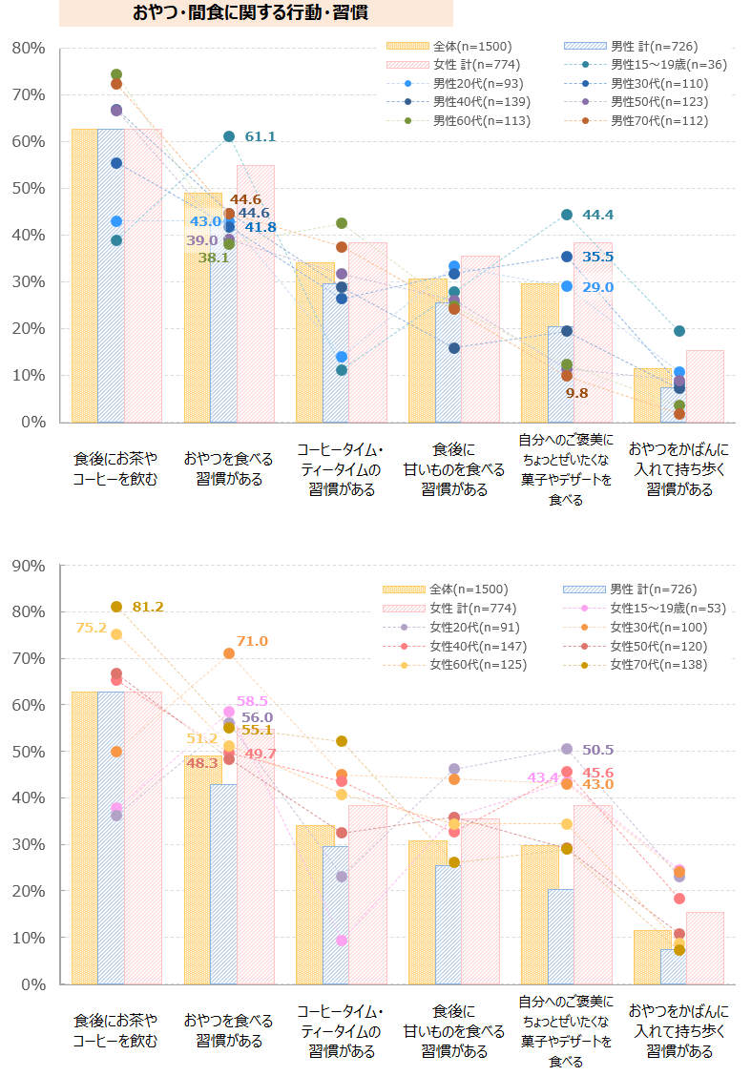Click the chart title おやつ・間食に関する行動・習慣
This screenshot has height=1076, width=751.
(x=252, y=13)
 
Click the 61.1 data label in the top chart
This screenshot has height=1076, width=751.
(x=260, y=136)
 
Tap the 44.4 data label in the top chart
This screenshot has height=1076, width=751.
(x=597, y=215)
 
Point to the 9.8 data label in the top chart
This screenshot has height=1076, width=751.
(x=576, y=392)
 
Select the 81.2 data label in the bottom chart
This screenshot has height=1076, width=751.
(x=148, y=607)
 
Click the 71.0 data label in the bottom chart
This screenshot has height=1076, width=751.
(x=253, y=641)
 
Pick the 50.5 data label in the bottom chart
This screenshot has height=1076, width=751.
(x=597, y=750)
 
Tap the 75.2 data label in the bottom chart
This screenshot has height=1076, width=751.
(x=92, y=628)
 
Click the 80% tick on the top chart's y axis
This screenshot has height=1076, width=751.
(x=28, y=48)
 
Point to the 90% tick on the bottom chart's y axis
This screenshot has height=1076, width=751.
(x=28, y=566)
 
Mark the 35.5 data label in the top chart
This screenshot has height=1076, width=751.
(x=597, y=257)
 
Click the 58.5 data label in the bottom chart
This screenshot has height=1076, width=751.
(x=253, y=700)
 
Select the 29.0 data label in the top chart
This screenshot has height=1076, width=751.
(x=597, y=287)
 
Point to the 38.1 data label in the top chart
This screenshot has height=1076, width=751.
(x=213, y=258)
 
